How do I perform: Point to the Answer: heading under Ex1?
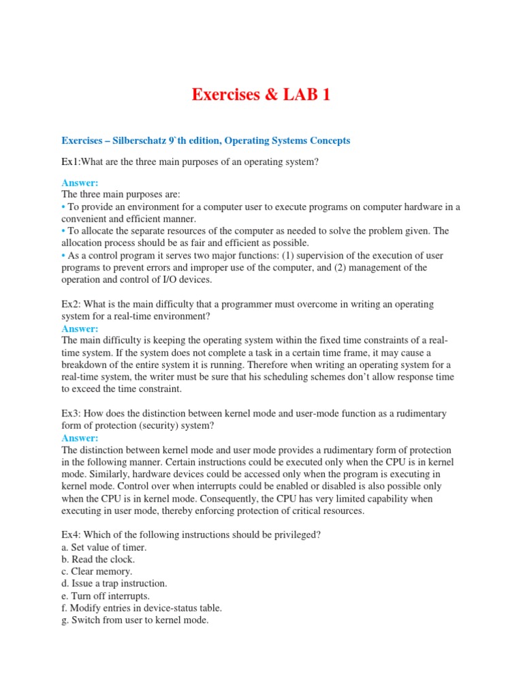pyautogui.click(x=80, y=183)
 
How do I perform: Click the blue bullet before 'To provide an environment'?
pyautogui.click(x=64, y=207)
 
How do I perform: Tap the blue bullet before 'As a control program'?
pyautogui.click(x=64, y=255)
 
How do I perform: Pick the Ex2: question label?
pyautogui.click(x=73, y=303)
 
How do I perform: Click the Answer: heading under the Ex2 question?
pyautogui.click(x=80, y=328)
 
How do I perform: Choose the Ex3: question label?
pyautogui.click(x=73, y=414)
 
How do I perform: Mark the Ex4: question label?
pyautogui.click(x=73, y=535)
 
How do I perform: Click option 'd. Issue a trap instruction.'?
pyautogui.click(x=114, y=583)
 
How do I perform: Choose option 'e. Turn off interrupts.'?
pyautogui.click(x=106, y=596)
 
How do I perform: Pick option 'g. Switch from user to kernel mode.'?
pyautogui.click(x=135, y=620)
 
